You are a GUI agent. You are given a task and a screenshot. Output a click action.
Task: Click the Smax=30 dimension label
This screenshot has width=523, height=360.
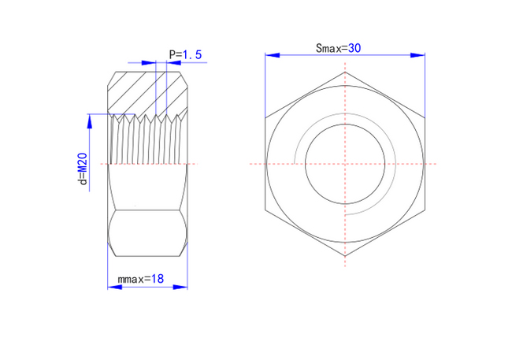point(338,48)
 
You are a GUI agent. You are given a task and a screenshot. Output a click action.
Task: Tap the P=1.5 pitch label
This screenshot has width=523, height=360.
point(185,54)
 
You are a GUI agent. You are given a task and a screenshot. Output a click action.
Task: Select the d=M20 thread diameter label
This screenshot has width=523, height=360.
point(83,169)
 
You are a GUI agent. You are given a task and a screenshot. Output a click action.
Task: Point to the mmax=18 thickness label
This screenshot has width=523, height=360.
point(140,279)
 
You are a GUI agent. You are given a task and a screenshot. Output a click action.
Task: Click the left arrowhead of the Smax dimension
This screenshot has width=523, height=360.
point(273,55)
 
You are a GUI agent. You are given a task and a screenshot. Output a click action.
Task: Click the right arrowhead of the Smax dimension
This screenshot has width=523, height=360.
point(417,55)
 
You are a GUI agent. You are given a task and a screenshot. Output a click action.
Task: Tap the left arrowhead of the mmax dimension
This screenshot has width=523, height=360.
point(114,287)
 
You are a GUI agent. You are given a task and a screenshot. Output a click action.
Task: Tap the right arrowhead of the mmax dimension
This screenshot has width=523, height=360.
point(180,287)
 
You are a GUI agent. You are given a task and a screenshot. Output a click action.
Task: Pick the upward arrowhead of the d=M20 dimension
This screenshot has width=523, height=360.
point(89,121)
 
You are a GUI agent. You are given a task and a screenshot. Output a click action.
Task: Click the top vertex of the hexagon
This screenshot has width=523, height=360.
point(345,72)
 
